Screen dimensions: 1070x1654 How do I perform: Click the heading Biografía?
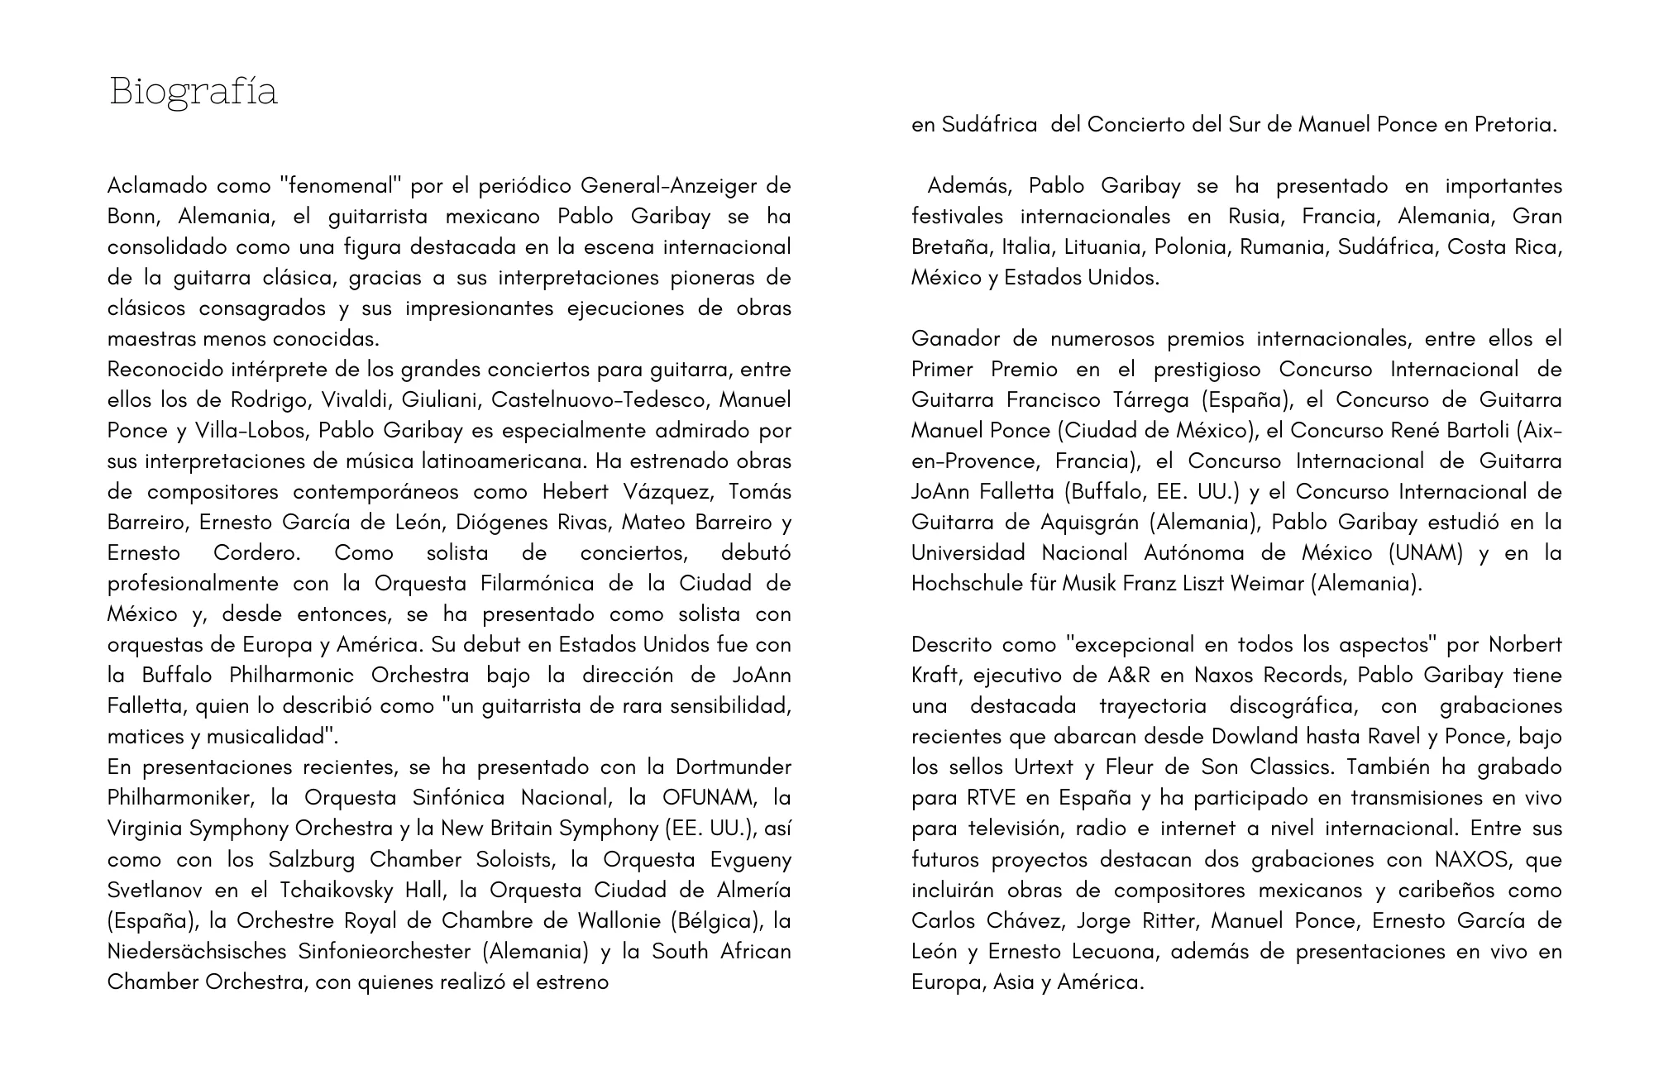coord(193,91)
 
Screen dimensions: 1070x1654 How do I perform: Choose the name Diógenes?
coord(500,522)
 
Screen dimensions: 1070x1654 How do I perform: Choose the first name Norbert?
coord(1525,644)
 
